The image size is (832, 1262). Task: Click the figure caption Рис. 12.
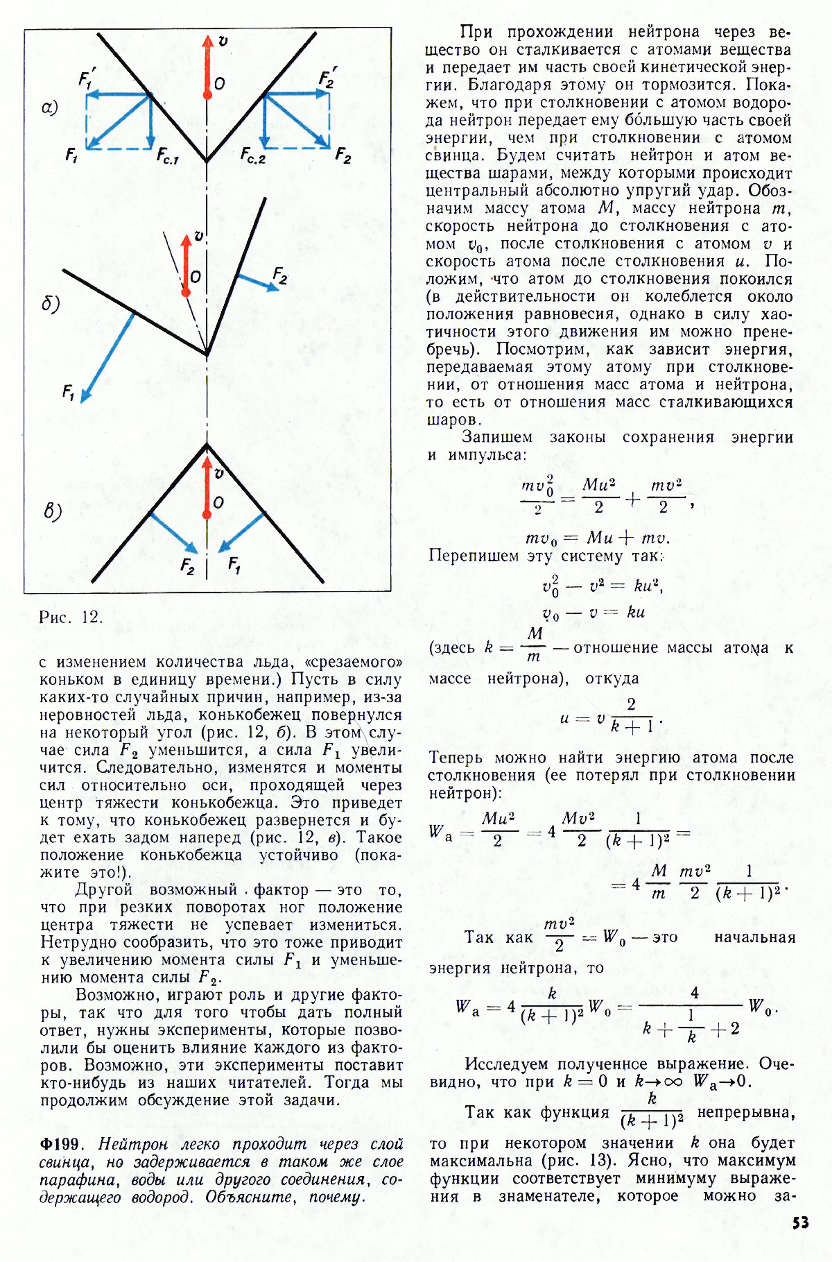pos(71,617)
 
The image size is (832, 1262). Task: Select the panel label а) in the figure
pos(50,108)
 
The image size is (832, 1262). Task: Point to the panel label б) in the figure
pos(51,304)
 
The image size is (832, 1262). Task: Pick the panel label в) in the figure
pos(53,511)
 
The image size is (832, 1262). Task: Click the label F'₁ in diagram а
pos(85,78)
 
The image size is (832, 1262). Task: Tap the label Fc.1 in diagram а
pos(167,156)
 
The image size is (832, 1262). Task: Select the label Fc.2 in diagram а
pos(253,156)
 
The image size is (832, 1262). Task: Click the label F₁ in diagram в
pos(234,565)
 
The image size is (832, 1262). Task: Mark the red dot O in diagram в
pos(207,515)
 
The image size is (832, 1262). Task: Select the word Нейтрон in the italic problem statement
pos(133,1144)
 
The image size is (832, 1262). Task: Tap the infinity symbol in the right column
pos(673,1082)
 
